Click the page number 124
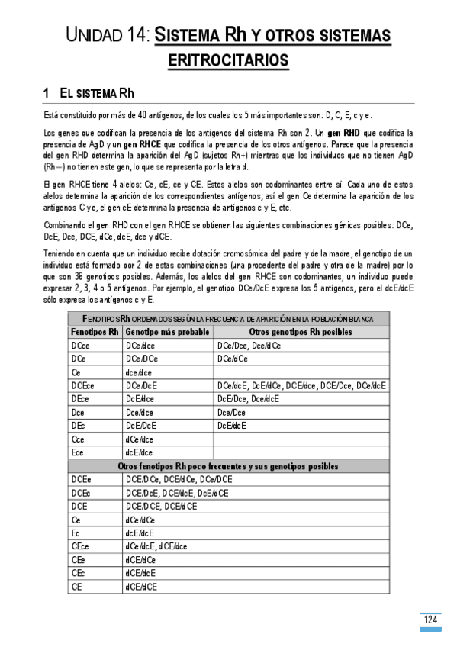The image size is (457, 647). (431, 620)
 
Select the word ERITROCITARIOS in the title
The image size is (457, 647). (228, 60)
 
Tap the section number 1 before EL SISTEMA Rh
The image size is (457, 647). (47, 93)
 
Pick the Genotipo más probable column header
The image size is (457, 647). (167, 332)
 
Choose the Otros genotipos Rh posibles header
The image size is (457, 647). (301, 332)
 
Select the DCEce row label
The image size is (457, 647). (82, 385)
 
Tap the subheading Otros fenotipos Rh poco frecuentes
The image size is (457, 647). (228, 465)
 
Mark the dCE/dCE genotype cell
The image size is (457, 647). (141, 586)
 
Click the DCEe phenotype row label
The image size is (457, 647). (81, 479)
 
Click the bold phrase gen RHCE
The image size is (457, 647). (140, 143)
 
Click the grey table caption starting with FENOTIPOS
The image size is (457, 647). (228, 318)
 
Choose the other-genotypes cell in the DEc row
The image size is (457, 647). (232, 426)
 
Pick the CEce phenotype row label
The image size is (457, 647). (80, 546)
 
